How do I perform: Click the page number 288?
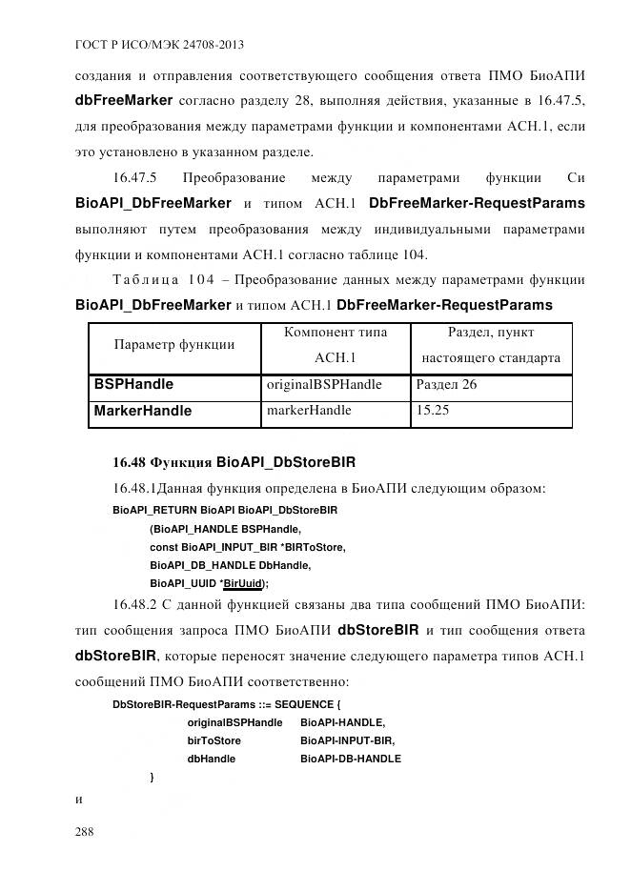[x=84, y=832]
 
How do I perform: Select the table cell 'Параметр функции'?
[x=174, y=345]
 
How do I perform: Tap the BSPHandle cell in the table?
[x=133, y=385]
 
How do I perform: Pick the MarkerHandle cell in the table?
[x=142, y=411]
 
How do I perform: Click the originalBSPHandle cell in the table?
[x=324, y=385]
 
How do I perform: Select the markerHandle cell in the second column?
[x=309, y=411]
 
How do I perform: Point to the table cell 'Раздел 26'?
[x=446, y=385]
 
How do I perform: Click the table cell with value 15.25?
[x=433, y=411]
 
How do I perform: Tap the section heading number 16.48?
[x=130, y=464]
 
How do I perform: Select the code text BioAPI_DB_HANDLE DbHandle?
[x=231, y=565]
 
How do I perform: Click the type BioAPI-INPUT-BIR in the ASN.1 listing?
[x=347, y=740]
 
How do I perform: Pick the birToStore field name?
[x=214, y=740]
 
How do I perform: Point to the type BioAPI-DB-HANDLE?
[x=350, y=759]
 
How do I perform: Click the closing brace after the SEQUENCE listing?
[x=153, y=778]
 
